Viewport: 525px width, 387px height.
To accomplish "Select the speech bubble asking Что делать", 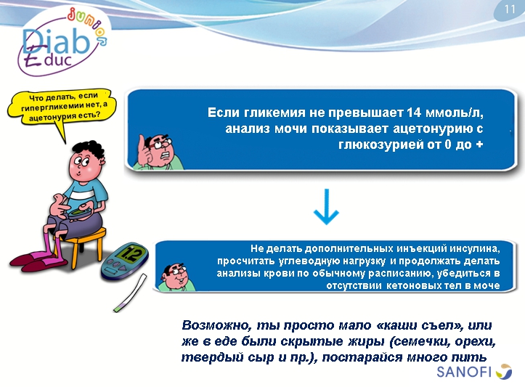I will click(x=62, y=107).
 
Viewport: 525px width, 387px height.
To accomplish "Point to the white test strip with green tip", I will click(x=134, y=295).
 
